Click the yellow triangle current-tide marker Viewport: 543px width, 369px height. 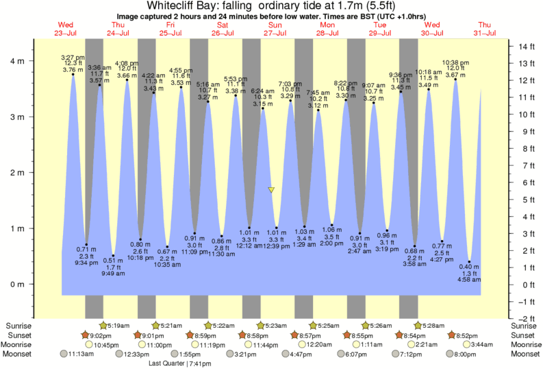(x=272, y=190)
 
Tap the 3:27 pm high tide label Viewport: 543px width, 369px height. (x=73, y=56)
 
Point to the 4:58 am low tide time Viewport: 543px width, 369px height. (x=469, y=279)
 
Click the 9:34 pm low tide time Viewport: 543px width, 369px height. (x=86, y=263)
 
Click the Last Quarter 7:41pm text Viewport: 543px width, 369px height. (x=180, y=364)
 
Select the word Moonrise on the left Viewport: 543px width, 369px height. (x=18, y=344)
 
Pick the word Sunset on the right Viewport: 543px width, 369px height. (x=524, y=335)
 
